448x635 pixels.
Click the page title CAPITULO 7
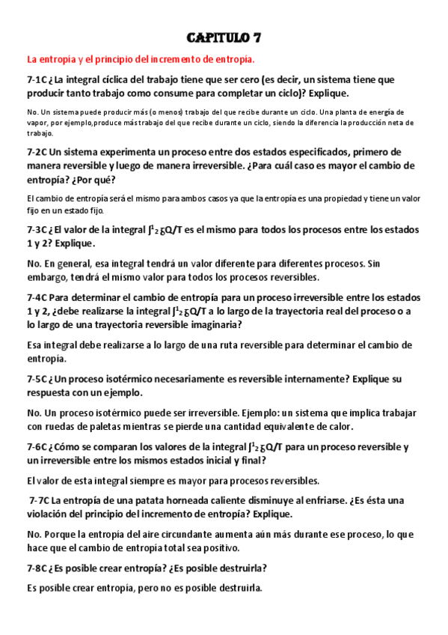(224, 38)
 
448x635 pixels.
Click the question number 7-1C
(38, 79)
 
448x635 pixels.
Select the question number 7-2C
(38, 152)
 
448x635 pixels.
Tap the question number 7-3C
(38, 231)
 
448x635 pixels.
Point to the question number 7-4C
(38, 297)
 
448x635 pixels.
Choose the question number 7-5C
(38, 380)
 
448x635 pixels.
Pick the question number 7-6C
(38, 447)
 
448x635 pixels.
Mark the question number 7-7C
(40, 500)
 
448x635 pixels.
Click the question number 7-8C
(38, 568)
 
